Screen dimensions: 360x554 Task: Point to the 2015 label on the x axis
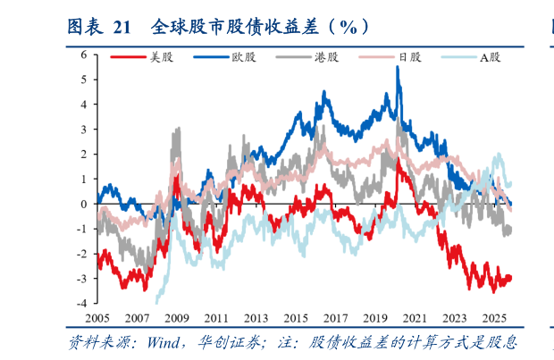pos(295,318)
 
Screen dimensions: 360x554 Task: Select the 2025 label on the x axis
pos(493,318)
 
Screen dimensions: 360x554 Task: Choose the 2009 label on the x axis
pos(176,318)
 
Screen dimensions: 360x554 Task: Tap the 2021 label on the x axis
pos(414,318)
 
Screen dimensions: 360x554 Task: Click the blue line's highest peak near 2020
pos(398,67)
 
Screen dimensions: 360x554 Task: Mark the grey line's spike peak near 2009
pos(178,128)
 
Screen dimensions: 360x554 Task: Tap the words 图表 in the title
pos(88,27)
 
